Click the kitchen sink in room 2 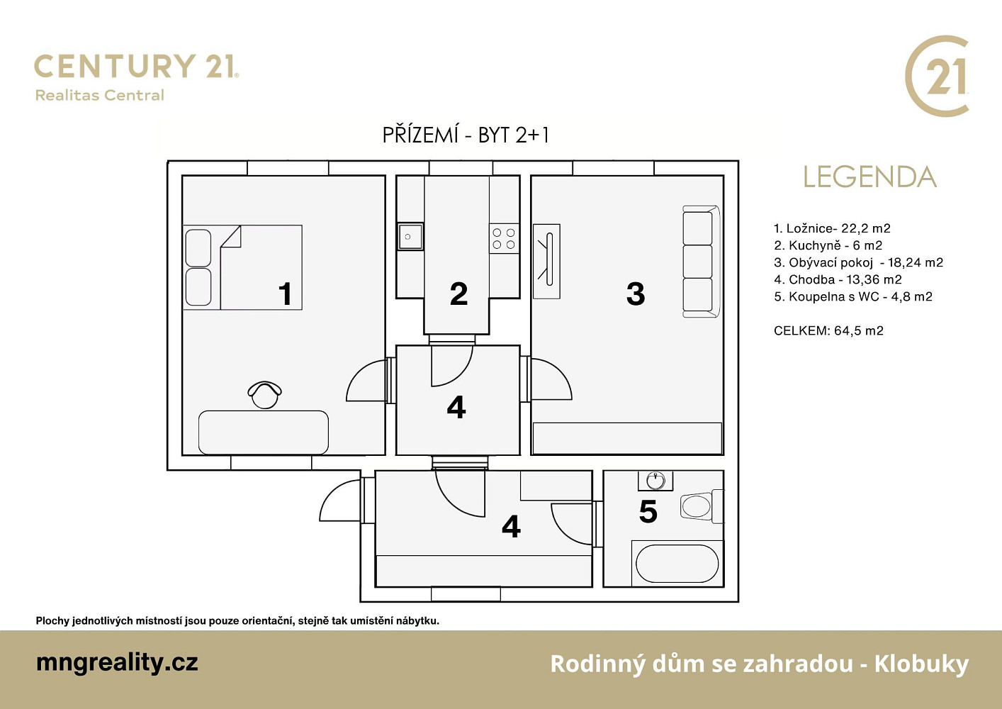point(410,236)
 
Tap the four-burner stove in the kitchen point(504,238)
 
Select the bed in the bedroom point(242,267)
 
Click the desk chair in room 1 point(265,395)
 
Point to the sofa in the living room point(702,262)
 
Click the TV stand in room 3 point(546,262)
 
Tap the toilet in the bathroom point(702,506)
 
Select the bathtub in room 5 point(677,564)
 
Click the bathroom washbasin point(655,481)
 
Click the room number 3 point(636,294)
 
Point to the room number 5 point(648,512)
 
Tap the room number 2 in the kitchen point(458,294)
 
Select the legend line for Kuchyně point(828,245)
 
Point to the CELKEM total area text point(828,331)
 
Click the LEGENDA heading point(870,177)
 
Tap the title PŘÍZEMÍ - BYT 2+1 point(465,135)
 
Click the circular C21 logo point(937,76)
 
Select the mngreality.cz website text point(117,663)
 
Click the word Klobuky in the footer point(921,664)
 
